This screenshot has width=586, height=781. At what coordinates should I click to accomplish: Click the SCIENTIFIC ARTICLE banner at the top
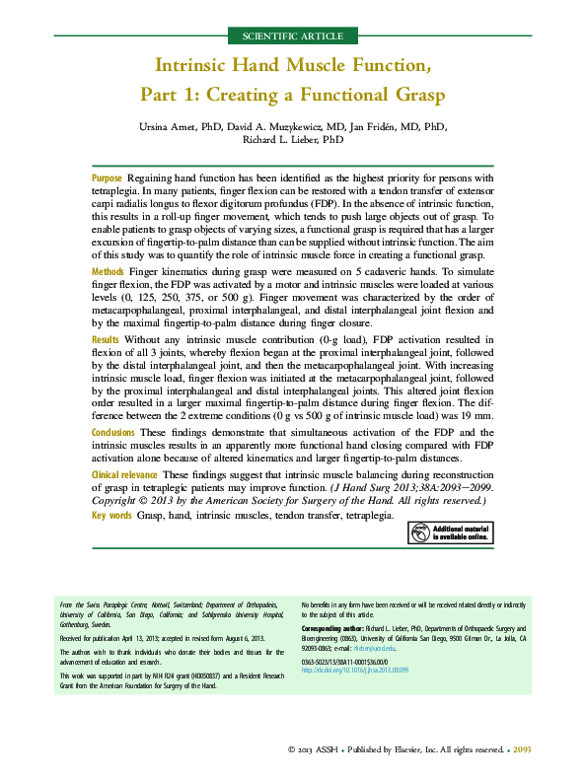(292, 36)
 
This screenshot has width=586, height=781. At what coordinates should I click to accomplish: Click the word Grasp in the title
(413, 96)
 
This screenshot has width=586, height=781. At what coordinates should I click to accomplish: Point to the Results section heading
(107, 339)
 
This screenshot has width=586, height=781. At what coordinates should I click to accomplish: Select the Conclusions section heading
(114, 432)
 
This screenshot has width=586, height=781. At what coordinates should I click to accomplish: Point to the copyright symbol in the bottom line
(292, 750)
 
